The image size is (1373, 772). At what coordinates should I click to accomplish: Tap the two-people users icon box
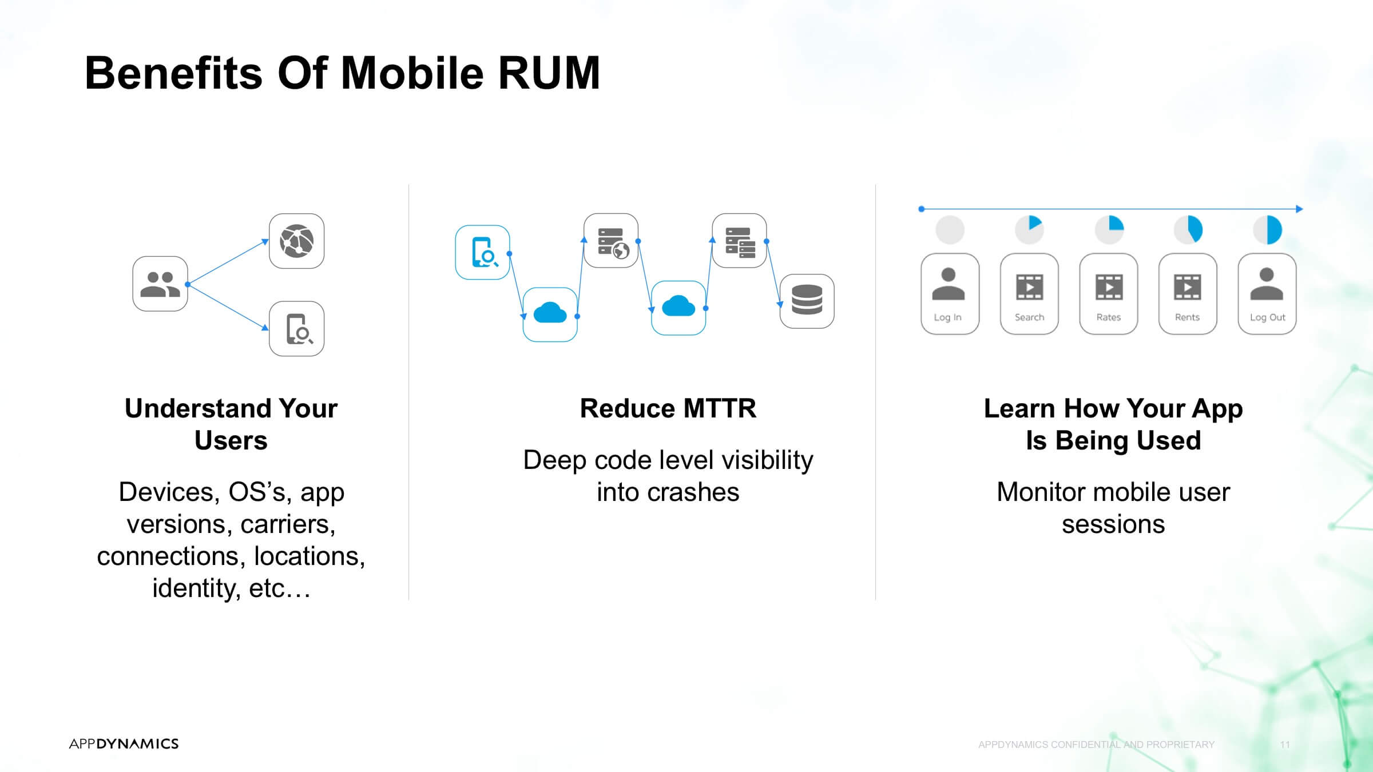[x=160, y=284]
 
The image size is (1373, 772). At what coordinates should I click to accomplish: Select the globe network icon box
[x=296, y=241]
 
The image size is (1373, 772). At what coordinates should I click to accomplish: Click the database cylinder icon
[x=807, y=301]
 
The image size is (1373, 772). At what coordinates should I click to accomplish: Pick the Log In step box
[x=950, y=294]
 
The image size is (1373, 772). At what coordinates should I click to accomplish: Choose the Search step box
[x=1029, y=294]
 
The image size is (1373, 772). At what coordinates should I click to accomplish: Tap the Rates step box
[x=1108, y=294]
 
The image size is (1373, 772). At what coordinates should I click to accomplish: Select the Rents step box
[x=1188, y=294]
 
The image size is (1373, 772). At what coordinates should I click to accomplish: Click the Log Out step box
[x=1267, y=294]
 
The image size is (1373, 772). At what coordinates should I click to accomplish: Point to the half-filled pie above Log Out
[x=1267, y=230]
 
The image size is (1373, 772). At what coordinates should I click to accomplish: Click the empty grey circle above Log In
[x=950, y=230]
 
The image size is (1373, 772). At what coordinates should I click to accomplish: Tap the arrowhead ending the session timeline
[x=1299, y=209]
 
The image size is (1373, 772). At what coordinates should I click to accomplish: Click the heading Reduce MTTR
[x=668, y=408]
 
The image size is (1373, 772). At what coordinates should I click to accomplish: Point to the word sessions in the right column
[x=1113, y=524]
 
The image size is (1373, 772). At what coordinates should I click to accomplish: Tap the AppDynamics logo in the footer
[x=124, y=743]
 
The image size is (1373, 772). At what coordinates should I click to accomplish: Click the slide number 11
[x=1285, y=745]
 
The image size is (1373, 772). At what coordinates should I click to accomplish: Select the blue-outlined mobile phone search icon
[x=482, y=252]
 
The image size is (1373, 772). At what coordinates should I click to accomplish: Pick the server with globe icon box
[x=611, y=241]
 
